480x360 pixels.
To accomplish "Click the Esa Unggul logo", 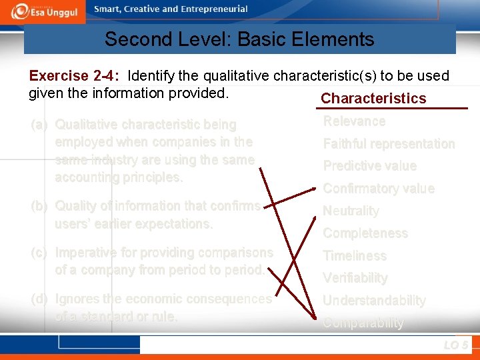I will click(44, 11).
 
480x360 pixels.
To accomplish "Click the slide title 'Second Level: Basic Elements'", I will click(239, 39).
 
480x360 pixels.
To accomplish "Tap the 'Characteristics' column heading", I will click(373, 99).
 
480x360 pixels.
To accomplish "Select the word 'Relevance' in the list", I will click(354, 121).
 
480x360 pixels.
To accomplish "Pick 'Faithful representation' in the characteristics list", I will click(389, 144).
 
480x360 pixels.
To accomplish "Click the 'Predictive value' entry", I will click(369, 166).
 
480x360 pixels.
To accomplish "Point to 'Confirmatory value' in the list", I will click(378, 189).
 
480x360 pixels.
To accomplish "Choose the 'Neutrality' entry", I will click(351, 211).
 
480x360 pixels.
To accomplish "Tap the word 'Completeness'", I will click(365, 233).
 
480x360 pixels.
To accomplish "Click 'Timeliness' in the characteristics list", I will click(355, 255).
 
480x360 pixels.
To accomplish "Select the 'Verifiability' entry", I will click(355, 278).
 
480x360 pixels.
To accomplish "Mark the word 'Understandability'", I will click(374, 301).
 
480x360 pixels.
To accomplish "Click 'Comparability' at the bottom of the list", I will click(363, 323).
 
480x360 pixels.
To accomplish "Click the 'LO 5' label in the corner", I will click(456, 345).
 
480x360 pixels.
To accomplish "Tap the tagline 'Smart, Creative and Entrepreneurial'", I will click(171, 9).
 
